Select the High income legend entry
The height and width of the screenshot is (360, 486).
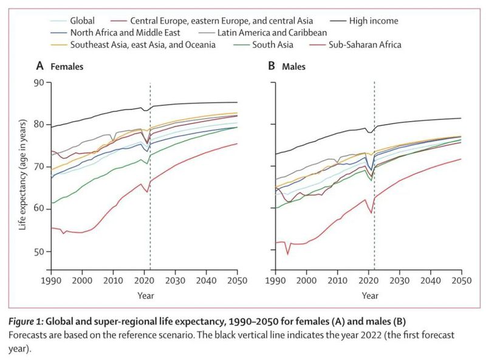374,21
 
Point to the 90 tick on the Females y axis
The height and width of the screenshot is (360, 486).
41,82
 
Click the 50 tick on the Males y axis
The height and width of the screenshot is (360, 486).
265,252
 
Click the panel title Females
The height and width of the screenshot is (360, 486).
67,65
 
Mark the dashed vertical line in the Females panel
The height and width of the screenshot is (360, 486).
150,182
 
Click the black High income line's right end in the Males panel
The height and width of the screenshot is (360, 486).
461,118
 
